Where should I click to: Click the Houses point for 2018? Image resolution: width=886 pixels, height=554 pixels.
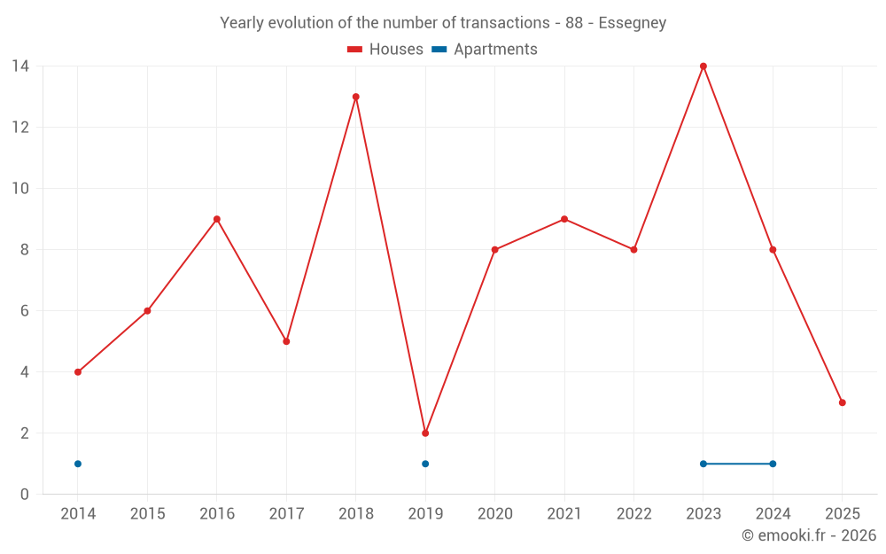(356, 97)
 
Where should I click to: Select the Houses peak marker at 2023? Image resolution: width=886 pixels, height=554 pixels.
(703, 66)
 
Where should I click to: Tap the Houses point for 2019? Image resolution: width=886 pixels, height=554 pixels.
(425, 433)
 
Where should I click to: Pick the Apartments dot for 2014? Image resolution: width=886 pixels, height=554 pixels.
(78, 464)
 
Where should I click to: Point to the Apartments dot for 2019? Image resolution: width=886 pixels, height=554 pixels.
(425, 464)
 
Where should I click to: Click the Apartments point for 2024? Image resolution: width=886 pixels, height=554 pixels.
(773, 464)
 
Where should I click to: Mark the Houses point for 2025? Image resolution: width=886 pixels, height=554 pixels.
(843, 402)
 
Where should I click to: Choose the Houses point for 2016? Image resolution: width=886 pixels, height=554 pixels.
(217, 219)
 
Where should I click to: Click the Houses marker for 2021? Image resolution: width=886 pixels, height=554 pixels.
(564, 219)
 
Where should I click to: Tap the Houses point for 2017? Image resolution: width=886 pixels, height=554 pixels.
(286, 341)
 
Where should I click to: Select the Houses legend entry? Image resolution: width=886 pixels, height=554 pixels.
(385, 50)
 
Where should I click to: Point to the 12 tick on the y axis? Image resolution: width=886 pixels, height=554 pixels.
(20, 128)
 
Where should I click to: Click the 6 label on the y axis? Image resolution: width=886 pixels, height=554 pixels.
(25, 311)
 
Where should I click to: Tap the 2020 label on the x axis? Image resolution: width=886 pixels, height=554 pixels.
(494, 513)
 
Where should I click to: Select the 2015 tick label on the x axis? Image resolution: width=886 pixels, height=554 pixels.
(147, 513)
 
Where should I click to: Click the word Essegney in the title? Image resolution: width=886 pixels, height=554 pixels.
(633, 23)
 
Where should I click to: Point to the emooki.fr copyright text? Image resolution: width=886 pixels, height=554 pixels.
(809, 535)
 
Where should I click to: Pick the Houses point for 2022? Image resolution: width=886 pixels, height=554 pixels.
(633, 250)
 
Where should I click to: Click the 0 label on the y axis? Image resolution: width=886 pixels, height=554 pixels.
(25, 495)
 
